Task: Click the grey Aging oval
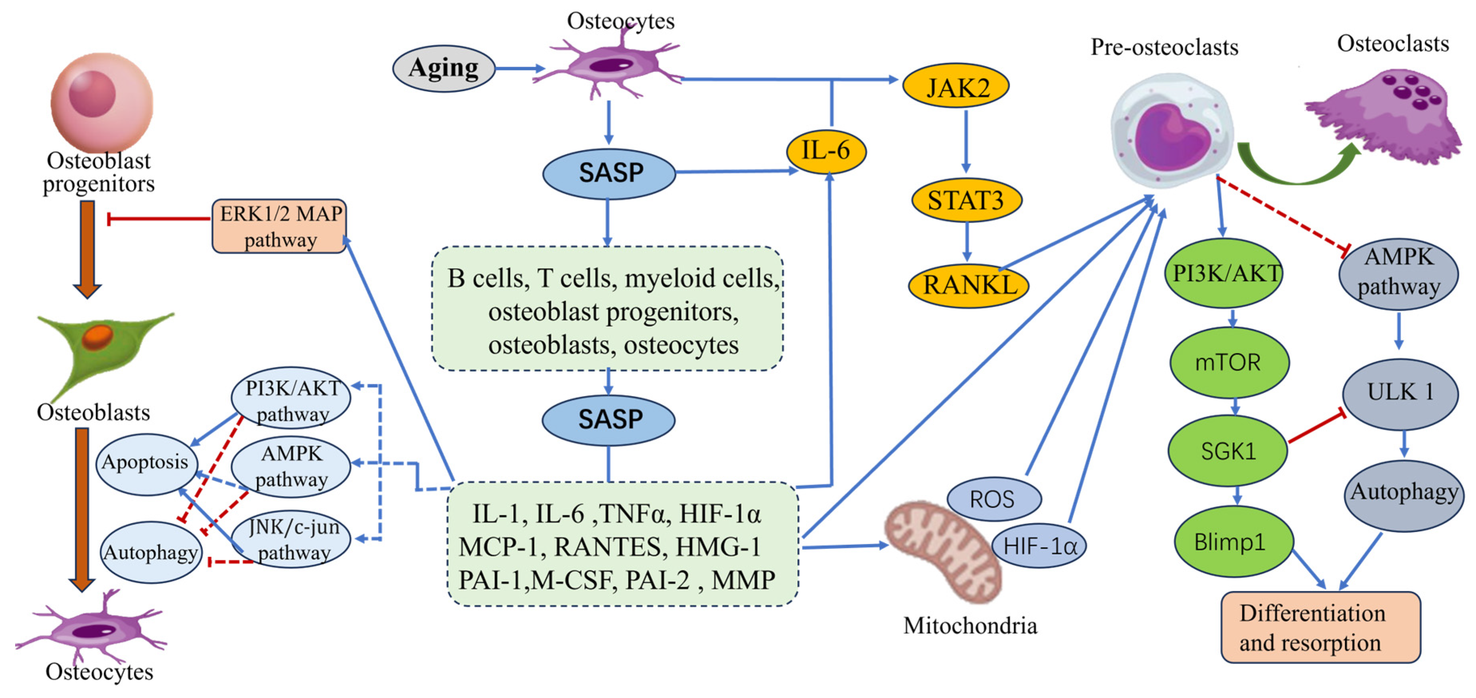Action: tap(443, 69)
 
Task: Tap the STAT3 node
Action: tap(966, 200)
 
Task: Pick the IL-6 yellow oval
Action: tap(826, 151)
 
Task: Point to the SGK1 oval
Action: tap(1228, 451)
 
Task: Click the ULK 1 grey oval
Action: tap(1400, 393)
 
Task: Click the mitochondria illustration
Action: tap(940, 550)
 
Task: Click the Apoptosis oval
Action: tap(146, 462)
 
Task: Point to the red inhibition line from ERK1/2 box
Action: tap(160, 218)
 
